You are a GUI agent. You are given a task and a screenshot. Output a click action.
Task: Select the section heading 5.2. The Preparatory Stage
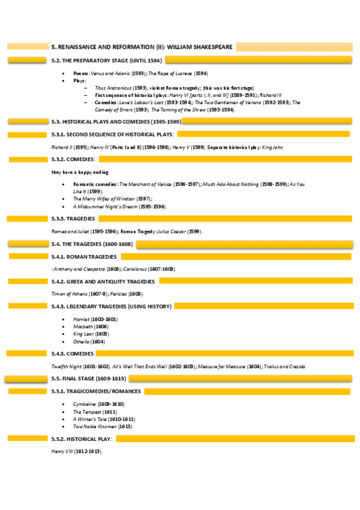point(106,60)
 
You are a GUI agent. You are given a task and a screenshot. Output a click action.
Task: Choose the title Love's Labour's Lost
point(139,102)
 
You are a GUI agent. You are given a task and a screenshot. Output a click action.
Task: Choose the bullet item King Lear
point(83,333)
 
